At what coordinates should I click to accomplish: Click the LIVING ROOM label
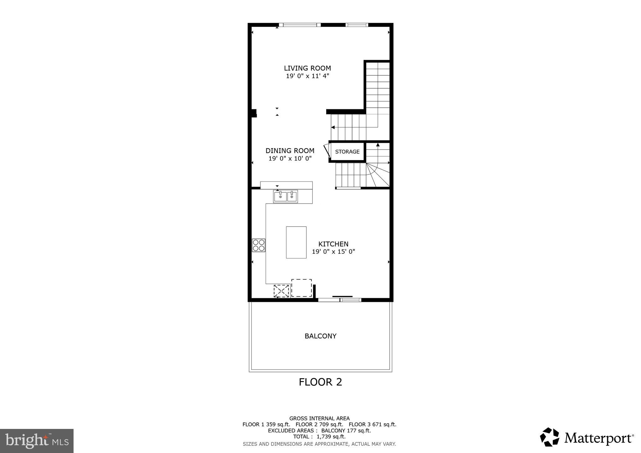pos(307,68)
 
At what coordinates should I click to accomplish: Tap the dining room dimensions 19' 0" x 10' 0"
pos(290,159)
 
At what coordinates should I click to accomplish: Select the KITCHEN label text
pos(333,244)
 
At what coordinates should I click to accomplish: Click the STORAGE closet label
pos(347,152)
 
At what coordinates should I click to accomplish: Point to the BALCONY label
pos(320,336)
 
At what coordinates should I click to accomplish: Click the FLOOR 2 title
pos(320,382)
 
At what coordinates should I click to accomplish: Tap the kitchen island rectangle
pos(296,242)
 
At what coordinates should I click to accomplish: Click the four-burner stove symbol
pos(259,245)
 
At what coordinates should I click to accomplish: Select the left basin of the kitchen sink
pos(280,197)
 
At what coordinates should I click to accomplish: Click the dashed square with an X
pos(281,291)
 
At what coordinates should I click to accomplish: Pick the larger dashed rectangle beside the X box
pos(301,288)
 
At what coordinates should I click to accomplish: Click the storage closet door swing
pos(327,150)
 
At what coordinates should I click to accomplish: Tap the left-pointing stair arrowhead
pos(333,127)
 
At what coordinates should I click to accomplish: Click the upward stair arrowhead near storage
pos(378,145)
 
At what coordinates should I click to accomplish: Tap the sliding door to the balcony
pos(340,300)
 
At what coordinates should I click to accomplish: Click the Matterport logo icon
pos(549,437)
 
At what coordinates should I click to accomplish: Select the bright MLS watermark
pos(37,441)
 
